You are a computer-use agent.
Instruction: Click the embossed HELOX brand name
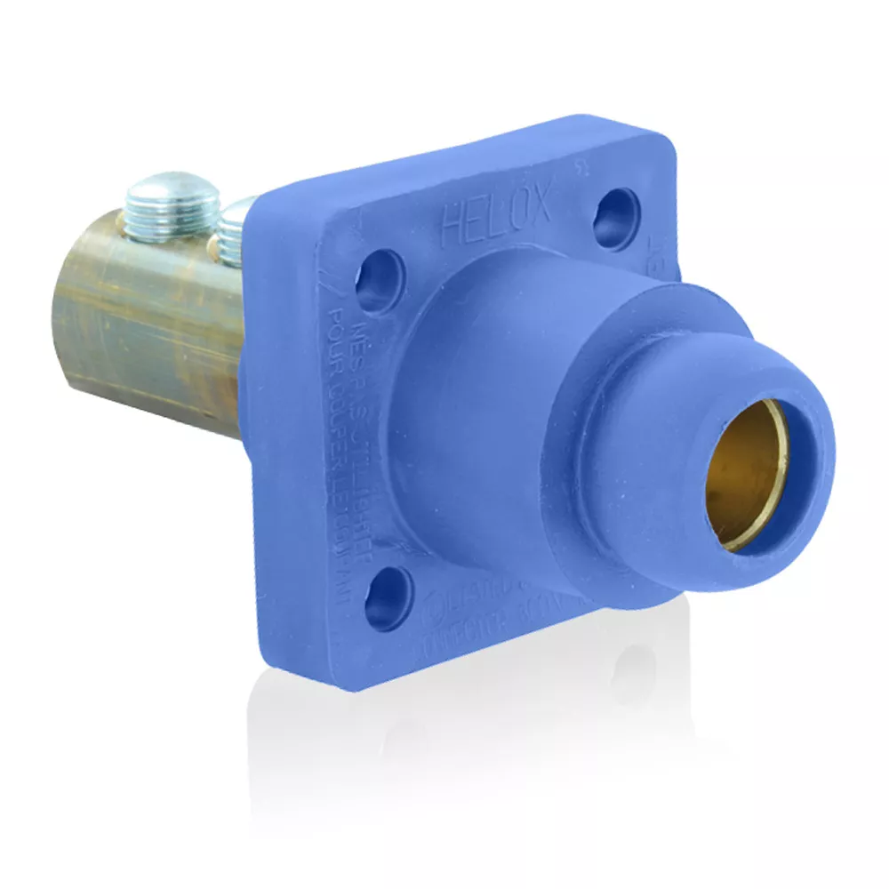[x=496, y=216]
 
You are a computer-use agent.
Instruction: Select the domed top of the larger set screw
[x=172, y=190]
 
